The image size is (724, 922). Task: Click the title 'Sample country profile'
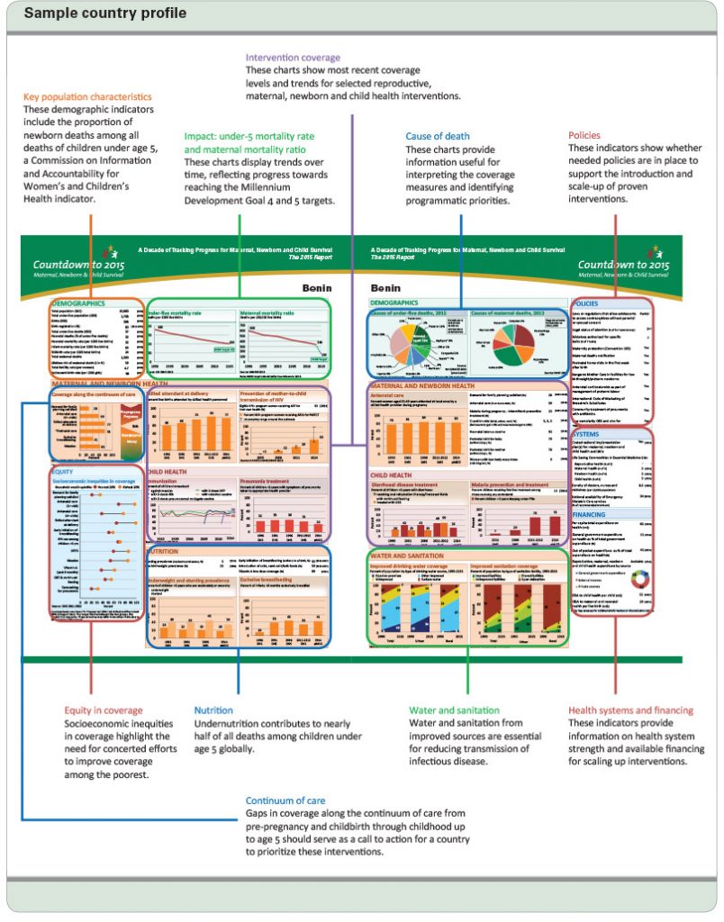pyautogui.click(x=105, y=14)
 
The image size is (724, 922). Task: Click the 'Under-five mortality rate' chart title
pyautogui.click(x=176, y=312)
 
